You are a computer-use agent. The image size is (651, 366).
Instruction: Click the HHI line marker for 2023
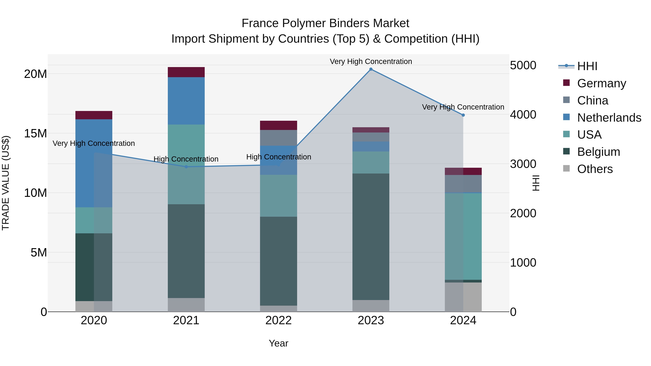pyautogui.click(x=371, y=69)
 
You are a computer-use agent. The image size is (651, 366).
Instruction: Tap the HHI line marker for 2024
pyautogui.click(x=463, y=115)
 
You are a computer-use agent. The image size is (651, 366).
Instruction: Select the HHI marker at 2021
pyautogui.click(x=186, y=167)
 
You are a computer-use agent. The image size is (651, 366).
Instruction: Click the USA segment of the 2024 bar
pyautogui.click(x=463, y=236)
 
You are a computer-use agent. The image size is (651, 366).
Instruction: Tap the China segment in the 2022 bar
pyautogui.click(x=278, y=138)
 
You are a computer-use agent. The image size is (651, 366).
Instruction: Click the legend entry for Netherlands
pyautogui.click(x=609, y=118)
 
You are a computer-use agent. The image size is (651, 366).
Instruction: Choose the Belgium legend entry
pyautogui.click(x=598, y=152)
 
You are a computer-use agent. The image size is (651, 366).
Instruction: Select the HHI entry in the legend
pyautogui.click(x=587, y=66)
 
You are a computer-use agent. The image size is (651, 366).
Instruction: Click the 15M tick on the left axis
pyautogui.click(x=35, y=133)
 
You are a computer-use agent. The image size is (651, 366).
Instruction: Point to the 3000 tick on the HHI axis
pyautogui.click(x=523, y=164)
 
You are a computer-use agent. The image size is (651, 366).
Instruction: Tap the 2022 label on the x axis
pyautogui.click(x=278, y=320)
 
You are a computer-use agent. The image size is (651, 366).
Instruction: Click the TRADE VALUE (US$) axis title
pyautogui.click(x=6, y=183)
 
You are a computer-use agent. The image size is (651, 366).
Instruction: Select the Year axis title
pyautogui.click(x=278, y=343)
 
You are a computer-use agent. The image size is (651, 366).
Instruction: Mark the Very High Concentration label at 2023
pyautogui.click(x=371, y=61)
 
